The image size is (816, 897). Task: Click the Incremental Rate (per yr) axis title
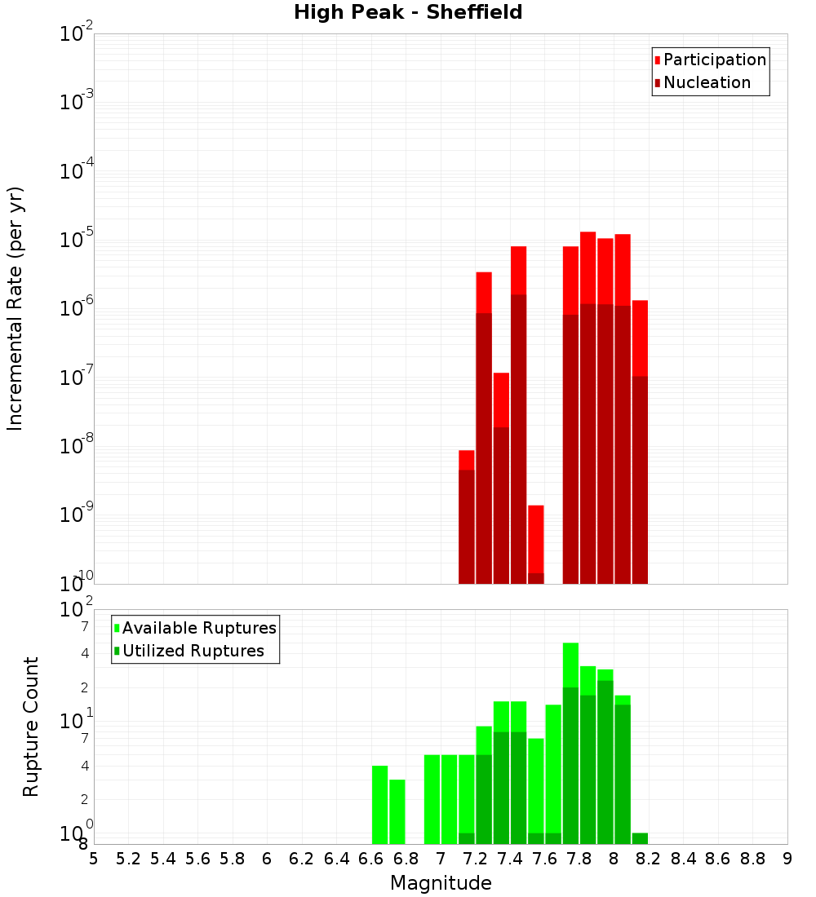tap(16, 308)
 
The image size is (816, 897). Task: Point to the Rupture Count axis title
tap(31, 727)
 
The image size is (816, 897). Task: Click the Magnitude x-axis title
tap(441, 883)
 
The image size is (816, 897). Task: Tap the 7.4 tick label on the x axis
tap(510, 859)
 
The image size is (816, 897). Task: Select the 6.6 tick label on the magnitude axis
tap(371, 859)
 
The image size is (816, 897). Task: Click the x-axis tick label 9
tap(787, 859)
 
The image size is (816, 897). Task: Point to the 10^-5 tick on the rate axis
tap(77, 240)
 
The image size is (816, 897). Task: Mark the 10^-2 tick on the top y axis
tap(77, 34)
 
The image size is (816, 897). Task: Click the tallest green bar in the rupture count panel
tap(570, 743)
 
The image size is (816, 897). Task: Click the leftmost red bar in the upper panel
tap(467, 517)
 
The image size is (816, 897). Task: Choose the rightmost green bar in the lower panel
tap(640, 838)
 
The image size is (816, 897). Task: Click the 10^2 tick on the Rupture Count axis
tap(77, 610)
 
